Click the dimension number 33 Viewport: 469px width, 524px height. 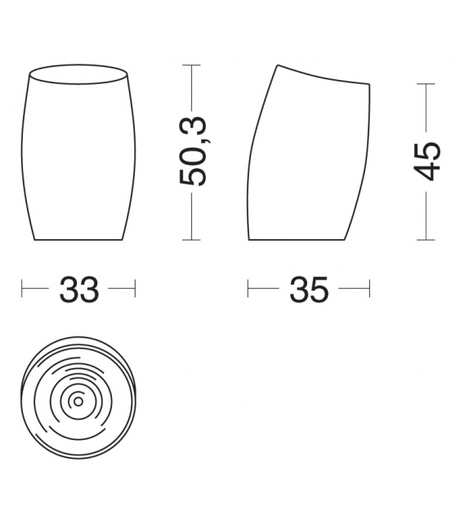[78, 289]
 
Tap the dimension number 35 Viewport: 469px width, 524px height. [308, 289]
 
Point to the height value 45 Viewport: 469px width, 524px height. [427, 161]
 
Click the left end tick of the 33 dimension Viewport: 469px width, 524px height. [22, 289]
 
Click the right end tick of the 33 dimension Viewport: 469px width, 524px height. [135, 289]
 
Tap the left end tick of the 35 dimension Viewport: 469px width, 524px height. [248, 289]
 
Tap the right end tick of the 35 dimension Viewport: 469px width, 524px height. [369, 289]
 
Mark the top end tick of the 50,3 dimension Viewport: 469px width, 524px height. [191, 64]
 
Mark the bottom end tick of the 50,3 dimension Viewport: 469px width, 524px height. [191, 240]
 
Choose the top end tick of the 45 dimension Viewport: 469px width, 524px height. [426, 83]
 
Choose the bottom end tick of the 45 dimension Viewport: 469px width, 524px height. [426, 240]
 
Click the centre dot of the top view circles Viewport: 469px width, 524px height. [78, 401]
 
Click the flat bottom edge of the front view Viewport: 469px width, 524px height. [78, 240]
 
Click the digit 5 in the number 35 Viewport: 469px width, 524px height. [319, 289]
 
